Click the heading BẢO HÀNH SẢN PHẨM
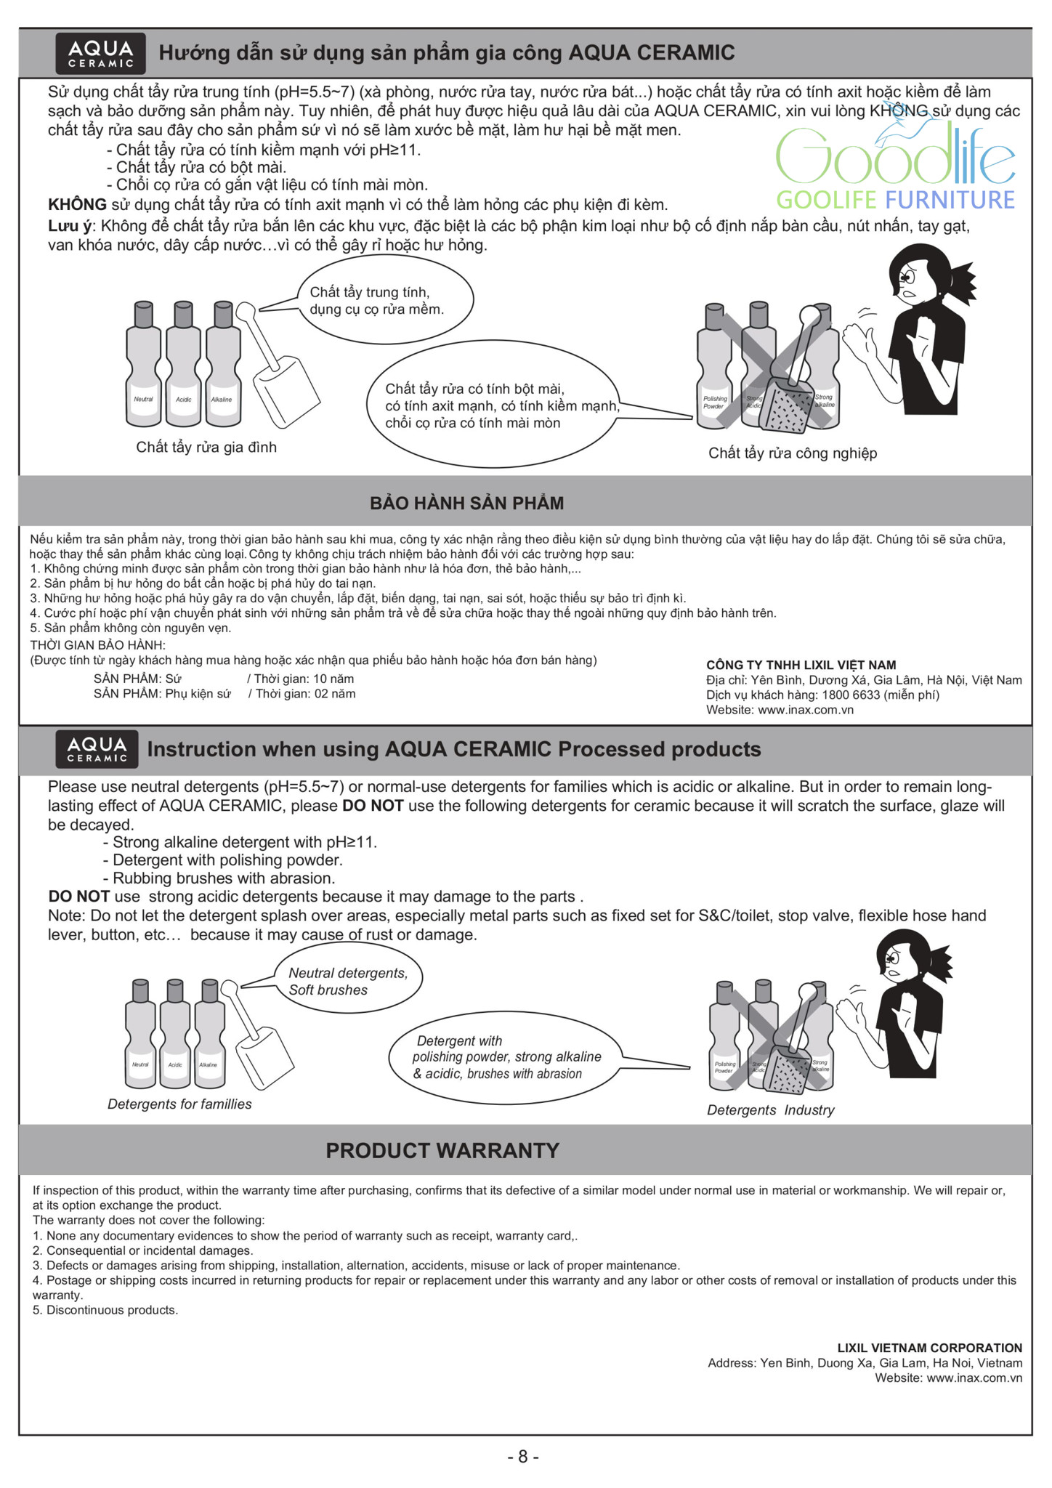[x=467, y=503]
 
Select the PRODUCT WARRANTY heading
[x=442, y=1150]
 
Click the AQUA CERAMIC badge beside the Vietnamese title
[x=100, y=54]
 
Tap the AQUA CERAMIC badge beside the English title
[x=97, y=749]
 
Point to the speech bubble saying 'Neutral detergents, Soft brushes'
[x=347, y=982]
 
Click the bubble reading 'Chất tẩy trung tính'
[x=385, y=300]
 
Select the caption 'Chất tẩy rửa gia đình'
[x=206, y=447]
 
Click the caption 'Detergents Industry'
[x=770, y=1109]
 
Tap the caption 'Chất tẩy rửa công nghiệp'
[x=793, y=453]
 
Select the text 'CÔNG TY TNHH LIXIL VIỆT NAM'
[x=801, y=665]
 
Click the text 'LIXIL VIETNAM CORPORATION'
[x=929, y=1348]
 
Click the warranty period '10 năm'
[x=333, y=679]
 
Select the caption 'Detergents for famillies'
[x=179, y=1104]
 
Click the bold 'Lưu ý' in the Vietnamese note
[x=68, y=226]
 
